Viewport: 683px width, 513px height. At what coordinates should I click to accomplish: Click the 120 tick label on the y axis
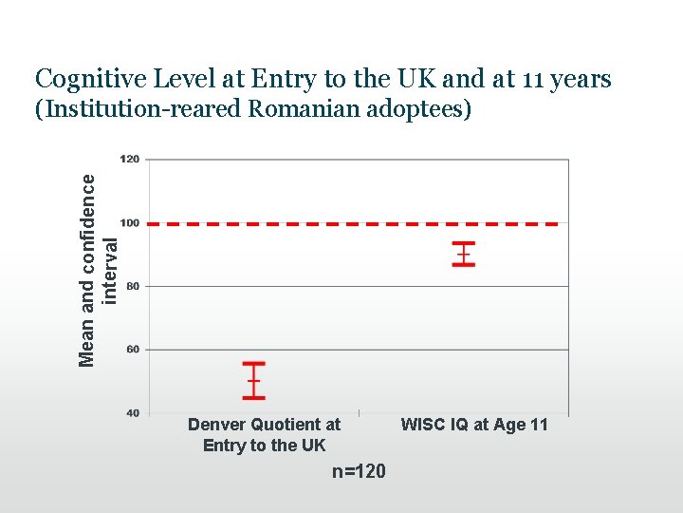pyautogui.click(x=130, y=160)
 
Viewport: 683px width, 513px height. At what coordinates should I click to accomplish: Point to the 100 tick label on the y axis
pyautogui.click(x=130, y=223)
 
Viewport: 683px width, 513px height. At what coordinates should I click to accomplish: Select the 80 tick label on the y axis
pyautogui.click(x=133, y=286)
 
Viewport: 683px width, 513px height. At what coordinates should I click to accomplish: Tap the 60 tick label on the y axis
pyautogui.click(x=133, y=350)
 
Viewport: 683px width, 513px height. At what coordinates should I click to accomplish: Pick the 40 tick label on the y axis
pyautogui.click(x=133, y=412)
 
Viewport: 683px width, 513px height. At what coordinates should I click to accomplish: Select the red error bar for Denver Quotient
pyautogui.click(x=253, y=380)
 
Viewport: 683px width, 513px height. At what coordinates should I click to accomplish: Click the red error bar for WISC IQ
pyautogui.click(x=464, y=254)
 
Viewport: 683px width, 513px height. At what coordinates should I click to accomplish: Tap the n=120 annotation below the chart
pyautogui.click(x=359, y=471)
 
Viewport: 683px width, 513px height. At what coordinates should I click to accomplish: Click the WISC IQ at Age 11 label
pyautogui.click(x=474, y=425)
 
